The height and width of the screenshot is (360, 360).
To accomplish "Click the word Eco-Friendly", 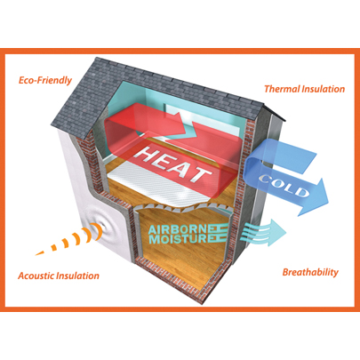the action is tap(45, 80).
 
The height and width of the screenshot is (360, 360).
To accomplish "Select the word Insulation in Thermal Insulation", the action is tap(324, 89).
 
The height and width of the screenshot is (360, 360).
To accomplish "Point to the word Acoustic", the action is tap(36, 276).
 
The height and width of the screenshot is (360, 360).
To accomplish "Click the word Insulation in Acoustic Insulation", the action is tap(77, 276).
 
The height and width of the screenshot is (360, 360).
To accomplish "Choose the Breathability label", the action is tap(310, 272).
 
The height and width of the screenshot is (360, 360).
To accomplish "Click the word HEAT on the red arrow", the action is tap(172, 164).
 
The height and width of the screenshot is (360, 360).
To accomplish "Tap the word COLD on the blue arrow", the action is tap(284, 186).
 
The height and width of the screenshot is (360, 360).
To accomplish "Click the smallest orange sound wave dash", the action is tap(40, 252).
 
